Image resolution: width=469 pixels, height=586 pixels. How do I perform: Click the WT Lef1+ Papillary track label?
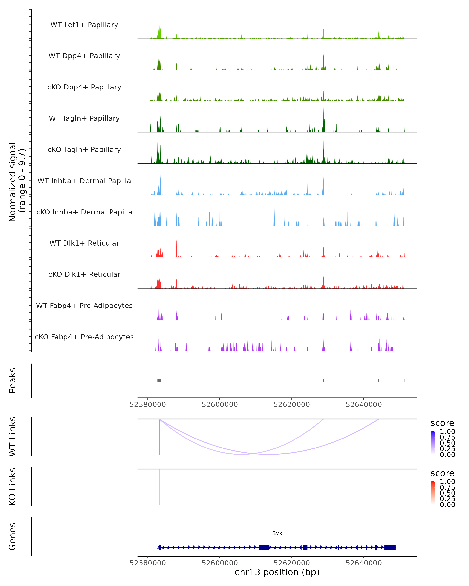coord(84,25)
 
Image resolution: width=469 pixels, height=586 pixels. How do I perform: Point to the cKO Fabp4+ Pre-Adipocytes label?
coord(84,337)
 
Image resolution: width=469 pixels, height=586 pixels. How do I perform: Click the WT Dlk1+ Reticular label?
coord(84,243)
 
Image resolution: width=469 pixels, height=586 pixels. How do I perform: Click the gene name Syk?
coord(277,533)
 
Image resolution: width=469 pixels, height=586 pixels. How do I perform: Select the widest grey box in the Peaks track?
coord(159,381)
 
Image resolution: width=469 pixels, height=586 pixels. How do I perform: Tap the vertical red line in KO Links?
coord(159,487)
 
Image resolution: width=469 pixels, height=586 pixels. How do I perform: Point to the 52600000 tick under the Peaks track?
coord(220,405)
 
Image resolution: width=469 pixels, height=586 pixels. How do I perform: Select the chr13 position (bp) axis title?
coord(277,572)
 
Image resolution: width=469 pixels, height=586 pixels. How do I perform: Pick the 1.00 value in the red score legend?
coord(447,482)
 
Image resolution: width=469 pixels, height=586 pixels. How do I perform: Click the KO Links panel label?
coord(13,487)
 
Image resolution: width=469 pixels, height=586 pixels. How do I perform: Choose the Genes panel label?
coord(13,537)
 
